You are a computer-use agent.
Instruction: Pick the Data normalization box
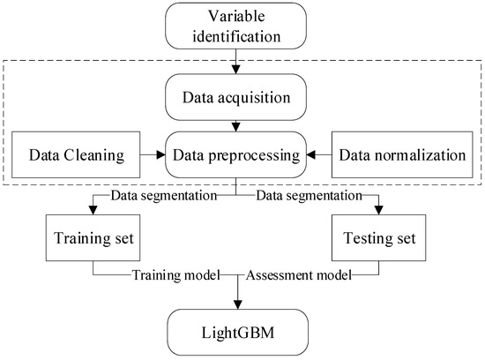coord(402,154)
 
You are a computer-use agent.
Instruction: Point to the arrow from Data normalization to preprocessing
coord(319,154)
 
